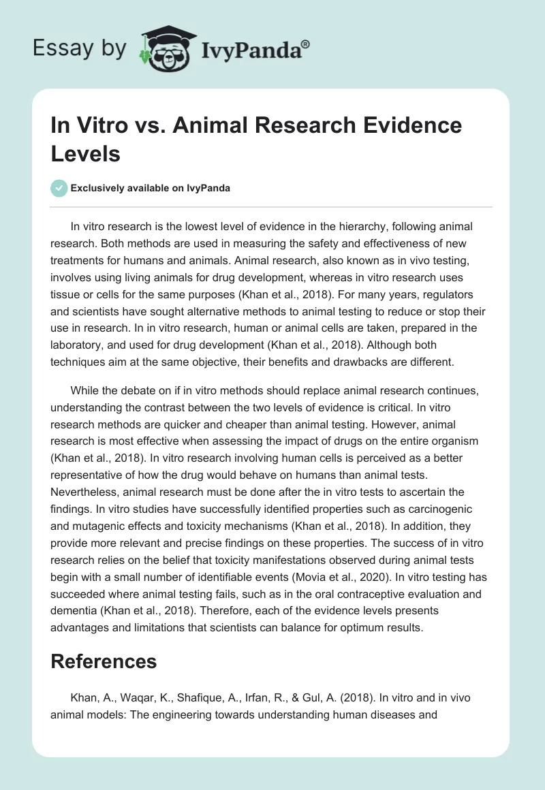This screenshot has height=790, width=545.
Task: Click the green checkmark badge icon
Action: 59,188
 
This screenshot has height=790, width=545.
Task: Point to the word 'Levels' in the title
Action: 86,153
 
